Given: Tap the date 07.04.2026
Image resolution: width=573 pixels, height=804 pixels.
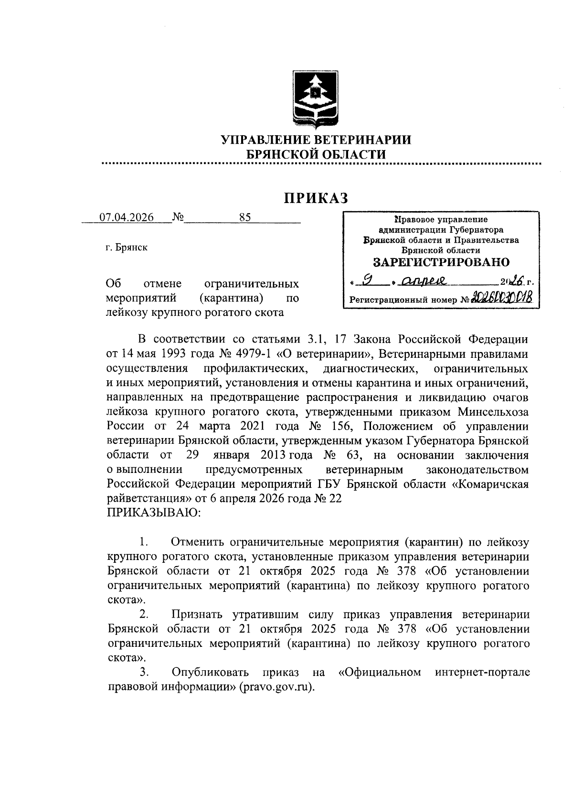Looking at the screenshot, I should click(x=127, y=218).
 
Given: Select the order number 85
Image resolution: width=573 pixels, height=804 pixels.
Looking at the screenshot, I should click(x=245, y=218).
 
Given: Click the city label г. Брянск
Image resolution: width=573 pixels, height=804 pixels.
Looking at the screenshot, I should click(x=127, y=247).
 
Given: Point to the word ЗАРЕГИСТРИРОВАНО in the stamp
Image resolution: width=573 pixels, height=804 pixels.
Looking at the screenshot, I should click(x=441, y=262).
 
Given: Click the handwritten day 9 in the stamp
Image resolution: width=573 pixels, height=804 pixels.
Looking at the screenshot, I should click(x=367, y=282).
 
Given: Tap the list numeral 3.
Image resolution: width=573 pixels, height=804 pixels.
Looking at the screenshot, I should click(x=143, y=672).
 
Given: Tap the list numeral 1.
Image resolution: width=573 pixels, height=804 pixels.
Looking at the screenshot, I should click(x=143, y=542).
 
